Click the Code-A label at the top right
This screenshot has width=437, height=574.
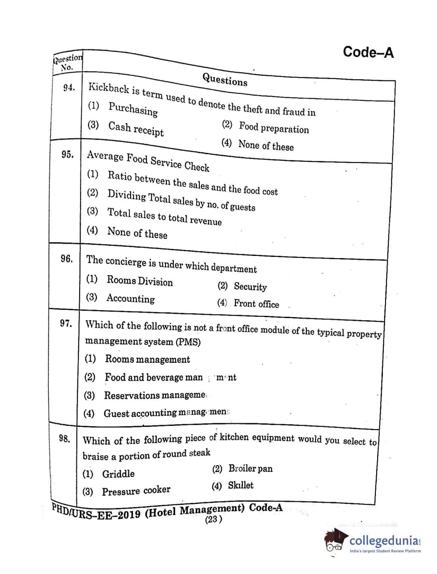click(x=368, y=52)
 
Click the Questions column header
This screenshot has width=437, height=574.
click(x=225, y=80)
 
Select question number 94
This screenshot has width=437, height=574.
click(x=69, y=88)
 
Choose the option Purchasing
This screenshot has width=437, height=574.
click(x=133, y=109)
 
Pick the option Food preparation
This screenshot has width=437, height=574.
click(x=274, y=128)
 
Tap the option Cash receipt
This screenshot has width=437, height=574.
click(x=136, y=129)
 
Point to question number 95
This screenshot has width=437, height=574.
click(x=68, y=154)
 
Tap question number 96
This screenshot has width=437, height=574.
click(x=67, y=259)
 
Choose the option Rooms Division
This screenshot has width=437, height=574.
click(x=140, y=281)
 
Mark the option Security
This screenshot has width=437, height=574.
click(x=250, y=287)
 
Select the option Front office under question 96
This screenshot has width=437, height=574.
click(x=256, y=304)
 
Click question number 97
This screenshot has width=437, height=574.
click(x=66, y=323)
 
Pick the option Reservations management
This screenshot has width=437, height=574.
click(x=154, y=395)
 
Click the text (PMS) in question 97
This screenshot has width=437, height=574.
click(x=188, y=342)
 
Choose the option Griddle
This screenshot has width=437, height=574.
click(x=118, y=474)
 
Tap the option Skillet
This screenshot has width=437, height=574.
click(x=240, y=485)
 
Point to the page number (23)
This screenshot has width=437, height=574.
click(x=213, y=519)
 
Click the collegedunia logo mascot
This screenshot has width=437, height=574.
click(x=335, y=541)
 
